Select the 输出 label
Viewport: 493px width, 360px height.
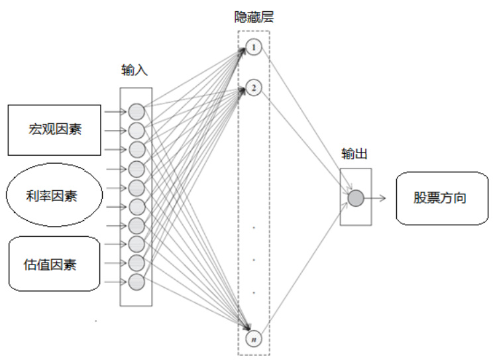pyautogui.click(x=355, y=153)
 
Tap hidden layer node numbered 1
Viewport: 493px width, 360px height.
pyautogui.click(x=254, y=48)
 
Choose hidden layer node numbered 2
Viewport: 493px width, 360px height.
pyautogui.click(x=254, y=88)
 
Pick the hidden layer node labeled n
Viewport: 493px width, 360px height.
pyautogui.click(x=254, y=339)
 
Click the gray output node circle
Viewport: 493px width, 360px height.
pyautogui.click(x=355, y=197)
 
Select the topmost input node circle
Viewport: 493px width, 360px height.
pyautogui.click(x=136, y=111)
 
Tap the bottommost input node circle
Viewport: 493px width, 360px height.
pyautogui.click(x=136, y=282)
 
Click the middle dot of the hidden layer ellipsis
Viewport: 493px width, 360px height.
pyautogui.click(x=254, y=259)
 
